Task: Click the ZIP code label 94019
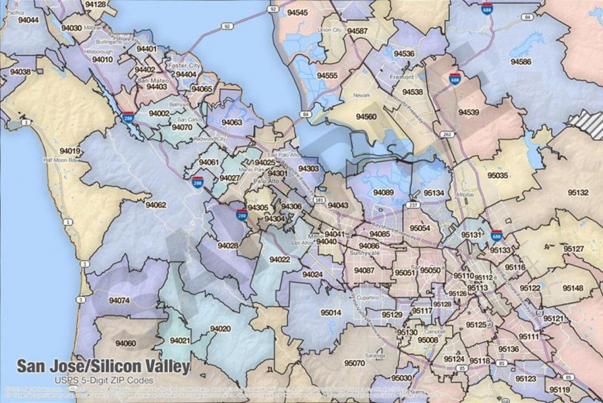pyautogui.click(x=69, y=151)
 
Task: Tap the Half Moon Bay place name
pyautogui.click(x=61, y=160)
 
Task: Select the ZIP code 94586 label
pyautogui.click(x=521, y=61)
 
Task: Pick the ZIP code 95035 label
pyautogui.click(x=498, y=175)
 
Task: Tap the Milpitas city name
pyautogui.click(x=465, y=194)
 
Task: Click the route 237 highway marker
pyautogui.click(x=413, y=205)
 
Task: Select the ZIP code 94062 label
pyautogui.click(x=156, y=205)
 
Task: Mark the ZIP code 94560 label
pyautogui.click(x=366, y=117)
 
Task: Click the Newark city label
pyautogui.click(x=362, y=95)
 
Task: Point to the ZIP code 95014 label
pyautogui.click(x=330, y=313)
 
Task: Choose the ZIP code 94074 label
pyautogui.click(x=119, y=300)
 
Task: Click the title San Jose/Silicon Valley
pyautogui.click(x=103, y=366)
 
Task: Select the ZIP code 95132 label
pyautogui.click(x=578, y=192)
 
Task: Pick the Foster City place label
pyautogui.click(x=184, y=66)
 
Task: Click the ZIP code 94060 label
pyautogui.click(x=125, y=343)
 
